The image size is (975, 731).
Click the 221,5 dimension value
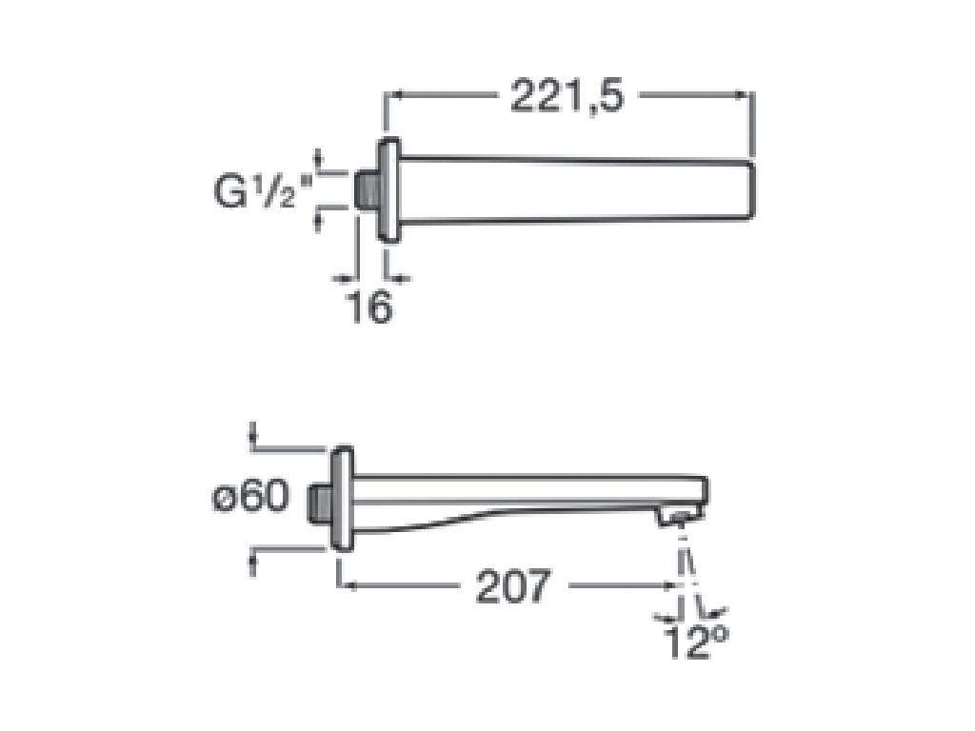(x=567, y=95)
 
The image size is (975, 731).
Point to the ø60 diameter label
(x=249, y=497)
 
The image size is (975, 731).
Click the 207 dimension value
(x=513, y=586)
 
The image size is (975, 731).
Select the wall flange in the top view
(x=388, y=191)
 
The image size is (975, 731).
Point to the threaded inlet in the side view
(x=321, y=500)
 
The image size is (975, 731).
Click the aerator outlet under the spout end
(x=677, y=519)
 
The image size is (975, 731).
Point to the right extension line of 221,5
(x=753, y=124)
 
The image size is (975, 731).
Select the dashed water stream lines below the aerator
(x=686, y=562)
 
